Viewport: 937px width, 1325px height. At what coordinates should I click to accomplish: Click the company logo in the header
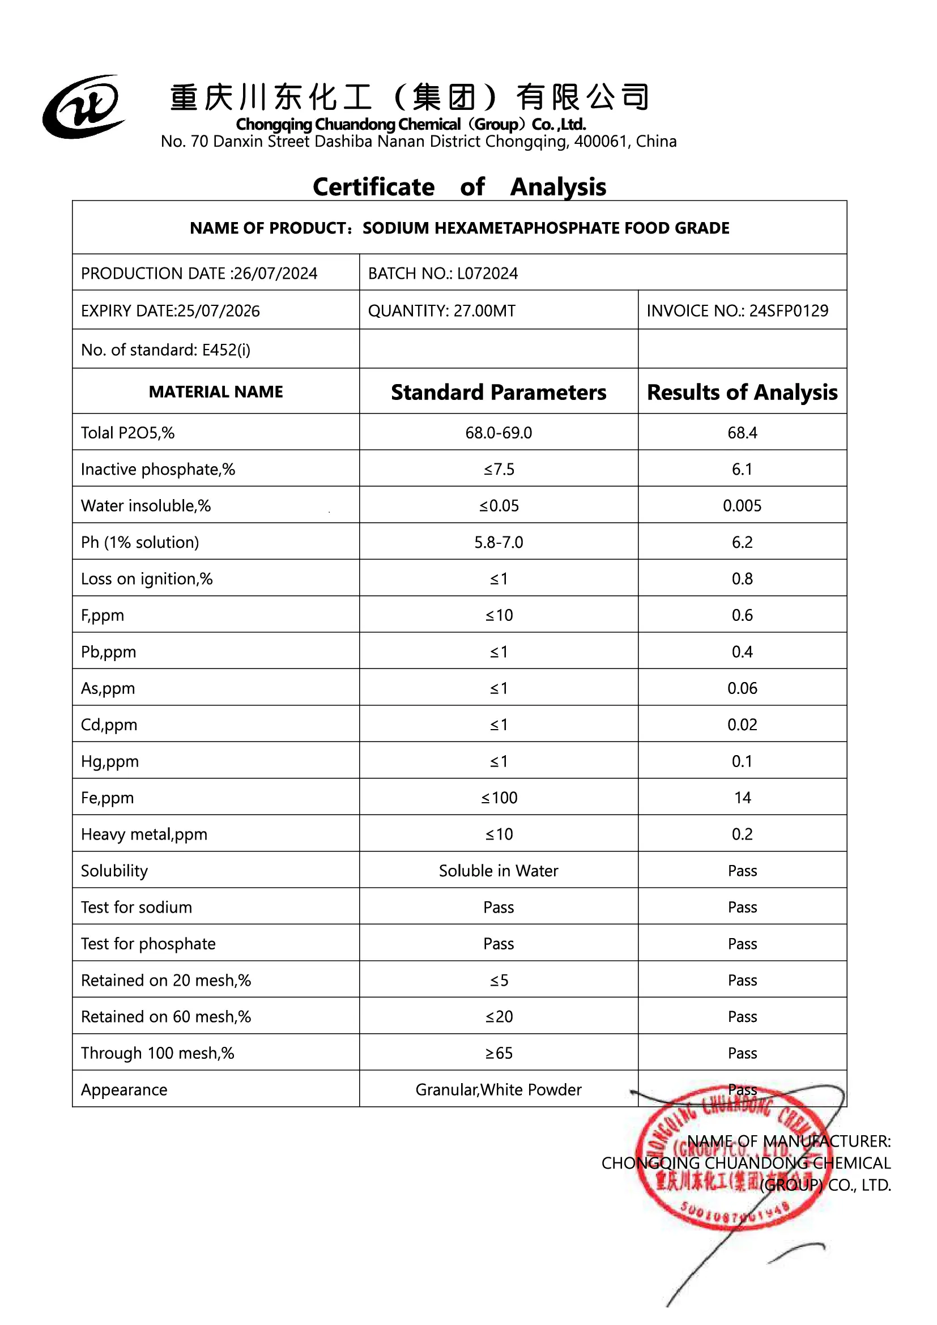point(83,106)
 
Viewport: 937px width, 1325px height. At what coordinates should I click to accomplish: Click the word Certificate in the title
point(373,187)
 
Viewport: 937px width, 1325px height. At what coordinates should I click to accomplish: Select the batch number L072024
point(487,274)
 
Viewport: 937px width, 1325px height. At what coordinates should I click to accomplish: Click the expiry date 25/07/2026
point(219,311)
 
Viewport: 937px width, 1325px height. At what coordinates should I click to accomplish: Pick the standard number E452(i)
point(225,350)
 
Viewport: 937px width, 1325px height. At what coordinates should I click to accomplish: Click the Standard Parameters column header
point(499,393)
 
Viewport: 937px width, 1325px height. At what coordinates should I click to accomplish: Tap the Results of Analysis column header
point(742,393)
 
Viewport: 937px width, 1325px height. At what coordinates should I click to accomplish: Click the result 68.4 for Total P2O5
point(742,433)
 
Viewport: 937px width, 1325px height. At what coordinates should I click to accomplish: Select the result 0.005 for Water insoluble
point(742,506)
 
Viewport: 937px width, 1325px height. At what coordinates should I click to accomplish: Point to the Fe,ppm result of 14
point(742,798)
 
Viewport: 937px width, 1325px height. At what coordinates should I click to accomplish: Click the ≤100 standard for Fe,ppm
point(499,798)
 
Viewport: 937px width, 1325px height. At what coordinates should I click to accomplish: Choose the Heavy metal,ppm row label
point(144,834)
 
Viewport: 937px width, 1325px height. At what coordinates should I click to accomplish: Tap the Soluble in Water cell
point(499,871)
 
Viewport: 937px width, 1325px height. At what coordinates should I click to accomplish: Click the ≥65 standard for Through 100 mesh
point(499,1053)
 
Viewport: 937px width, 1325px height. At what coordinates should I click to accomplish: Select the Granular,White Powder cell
point(499,1089)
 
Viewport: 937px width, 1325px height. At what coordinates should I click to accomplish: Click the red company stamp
point(730,1160)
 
